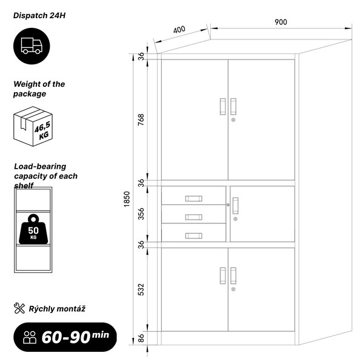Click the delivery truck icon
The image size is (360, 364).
click(32, 46)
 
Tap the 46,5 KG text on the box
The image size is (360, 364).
click(42, 130)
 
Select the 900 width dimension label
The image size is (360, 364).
click(281, 22)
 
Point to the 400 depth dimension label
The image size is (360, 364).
click(179, 30)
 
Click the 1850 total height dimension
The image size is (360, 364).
click(127, 199)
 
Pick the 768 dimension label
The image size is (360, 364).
click(141, 120)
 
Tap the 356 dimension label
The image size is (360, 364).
click(141, 214)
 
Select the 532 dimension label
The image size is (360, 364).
click(141, 289)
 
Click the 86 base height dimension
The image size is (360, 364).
click(141, 338)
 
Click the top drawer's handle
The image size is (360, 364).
click(194, 198)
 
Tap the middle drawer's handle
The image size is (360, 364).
click(194, 217)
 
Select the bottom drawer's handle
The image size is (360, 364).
click(194, 235)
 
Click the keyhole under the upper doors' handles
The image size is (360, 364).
click(233, 120)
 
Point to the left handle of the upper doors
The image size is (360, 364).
click(222, 107)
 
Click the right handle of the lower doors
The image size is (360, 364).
click(233, 275)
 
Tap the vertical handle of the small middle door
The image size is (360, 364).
click(235, 206)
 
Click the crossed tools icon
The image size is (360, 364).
click(19, 308)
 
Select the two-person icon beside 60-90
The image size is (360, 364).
click(30, 337)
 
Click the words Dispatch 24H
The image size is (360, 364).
click(39, 16)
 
